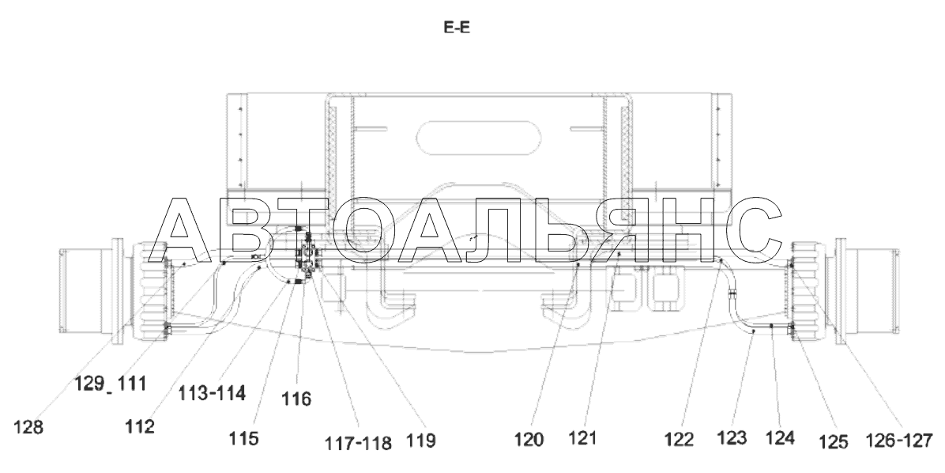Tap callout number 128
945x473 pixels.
click(28, 427)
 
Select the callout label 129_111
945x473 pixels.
click(111, 383)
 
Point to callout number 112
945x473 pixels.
click(140, 426)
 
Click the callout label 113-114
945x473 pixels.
click(212, 393)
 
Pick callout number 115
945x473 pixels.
click(243, 439)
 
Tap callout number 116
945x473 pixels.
click(296, 398)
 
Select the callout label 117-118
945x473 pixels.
click(358, 444)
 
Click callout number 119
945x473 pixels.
click(420, 441)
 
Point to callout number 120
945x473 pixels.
click(529, 440)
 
